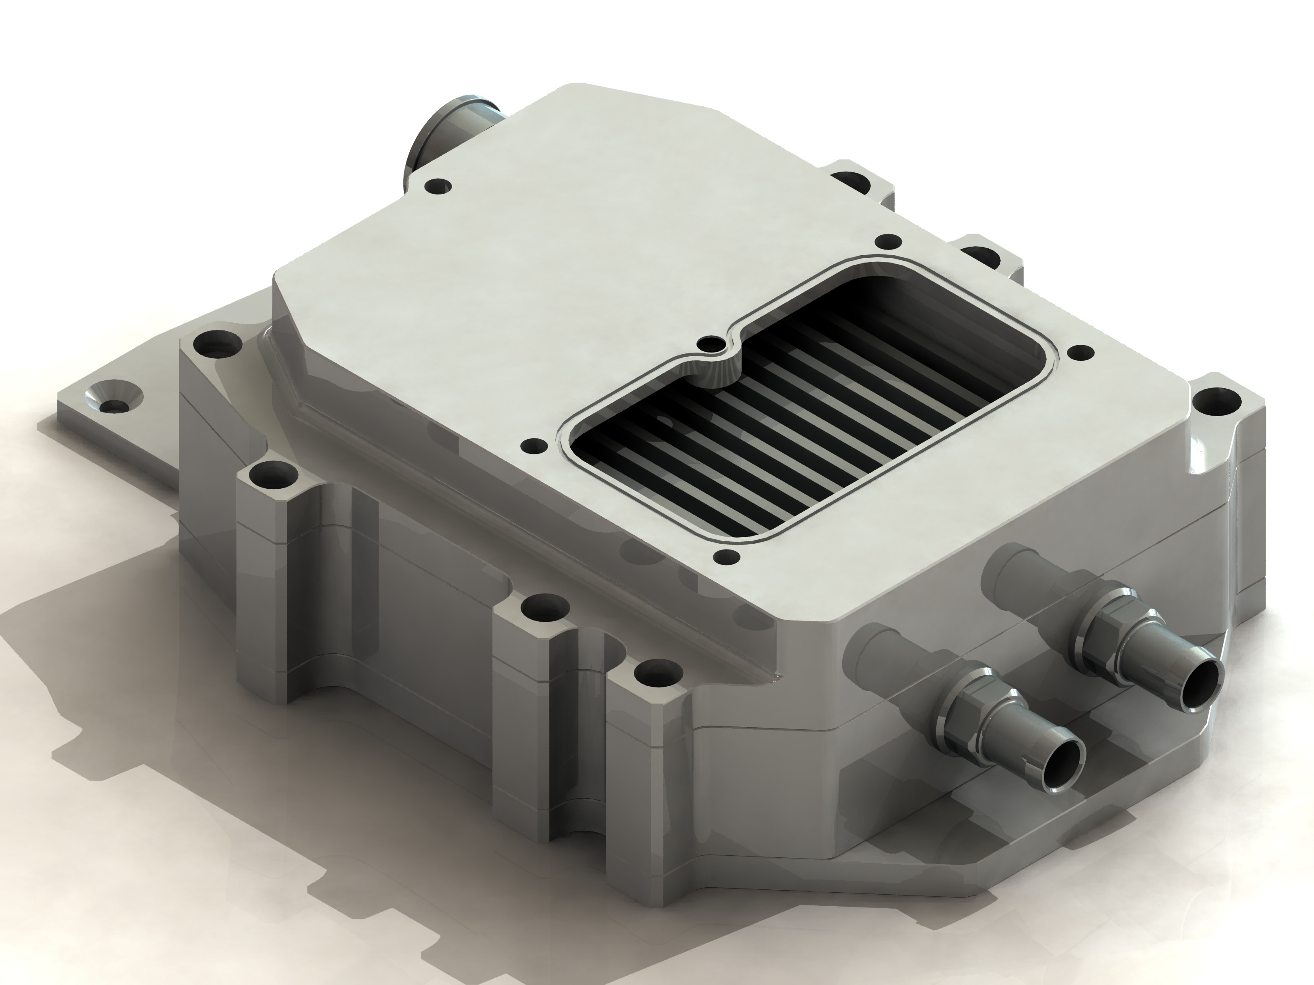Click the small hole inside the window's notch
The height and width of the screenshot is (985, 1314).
[708, 343]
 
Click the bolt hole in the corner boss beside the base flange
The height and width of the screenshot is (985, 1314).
[212, 343]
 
